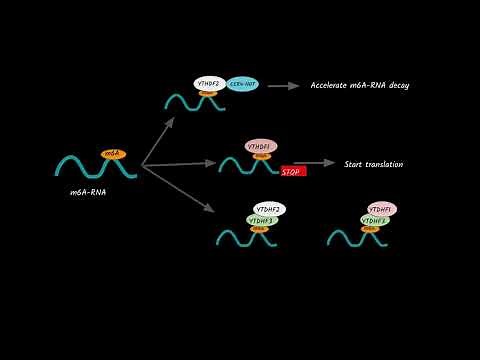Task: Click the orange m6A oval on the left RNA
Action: [x=113, y=153]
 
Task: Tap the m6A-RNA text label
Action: [x=88, y=191]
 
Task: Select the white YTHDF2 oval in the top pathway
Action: [x=209, y=84]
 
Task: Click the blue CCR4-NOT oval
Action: [x=242, y=85]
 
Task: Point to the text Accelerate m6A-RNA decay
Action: [x=359, y=85]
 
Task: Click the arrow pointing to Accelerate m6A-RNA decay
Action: [x=284, y=86]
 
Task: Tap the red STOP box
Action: [x=293, y=171]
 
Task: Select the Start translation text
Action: [x=373, y=164]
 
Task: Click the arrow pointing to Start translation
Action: [x=314, y=163]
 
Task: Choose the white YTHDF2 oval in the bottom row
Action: [x=270, y=209]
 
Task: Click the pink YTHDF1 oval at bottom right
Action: [x=381, y=209]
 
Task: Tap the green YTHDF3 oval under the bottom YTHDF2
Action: [x=260, y=220]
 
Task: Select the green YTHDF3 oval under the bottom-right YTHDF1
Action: [x=373, y=220]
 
